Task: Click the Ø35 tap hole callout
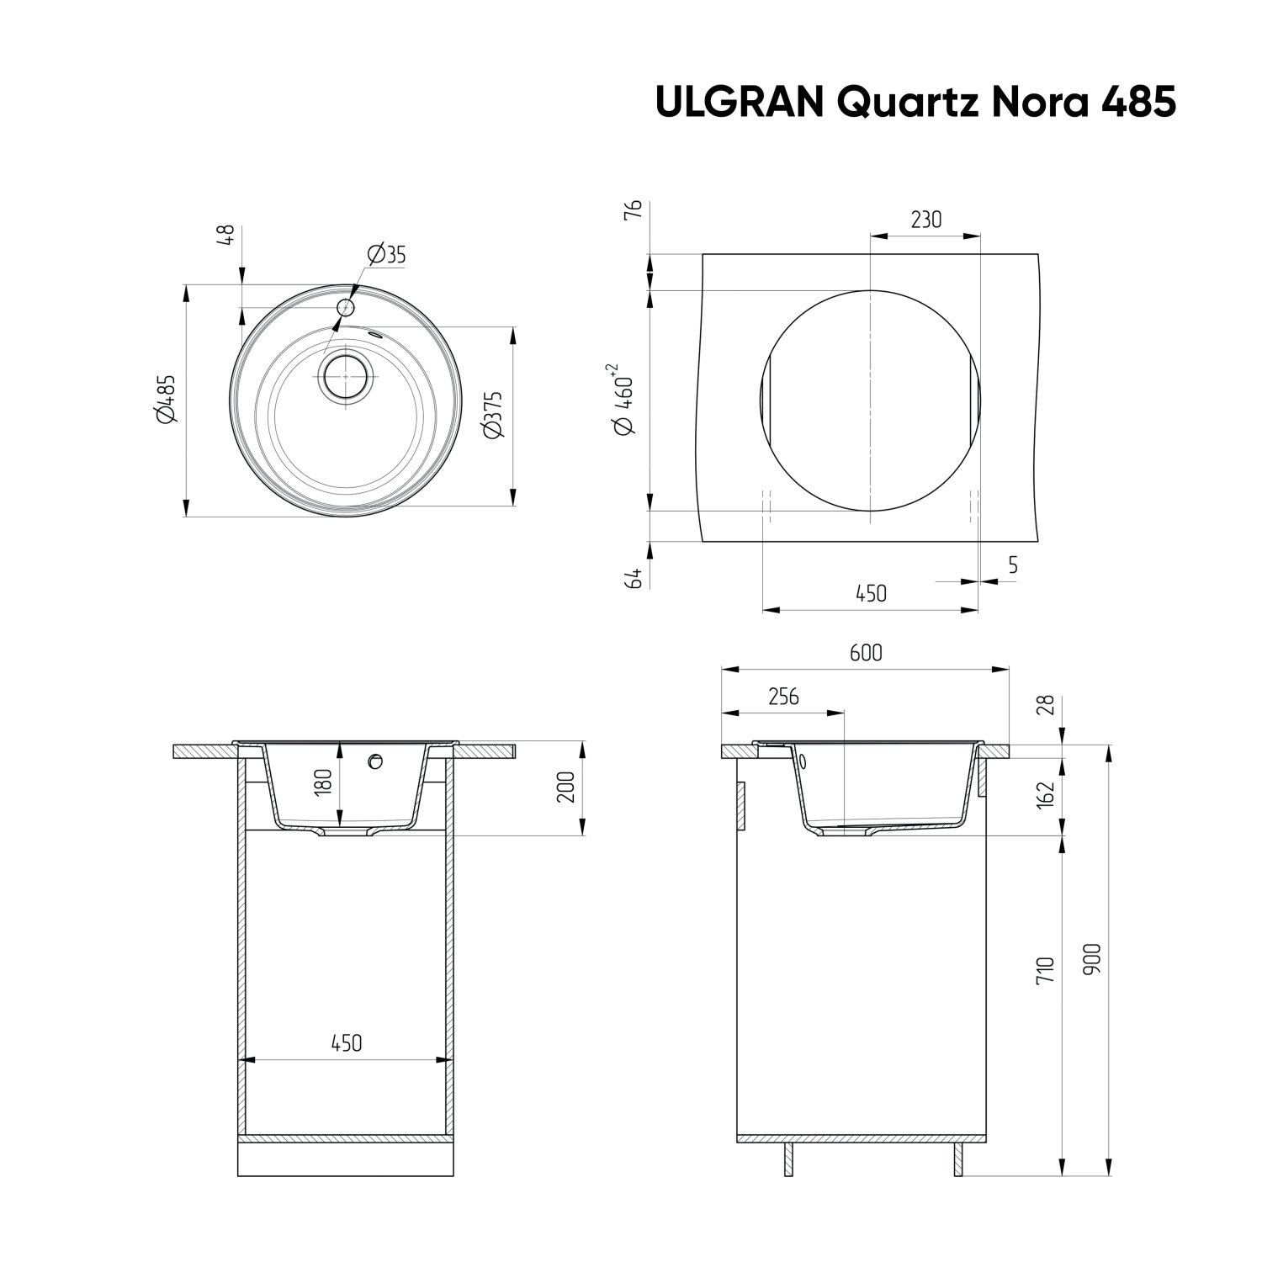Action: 386,254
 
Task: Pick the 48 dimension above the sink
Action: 225,236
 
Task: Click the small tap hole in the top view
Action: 346,307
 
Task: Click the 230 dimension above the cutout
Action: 925,220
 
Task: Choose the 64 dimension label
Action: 634,577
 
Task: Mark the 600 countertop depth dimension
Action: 866,652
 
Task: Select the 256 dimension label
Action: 782,697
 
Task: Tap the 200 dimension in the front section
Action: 566,787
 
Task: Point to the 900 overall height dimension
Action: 1091,959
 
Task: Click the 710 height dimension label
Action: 1045,970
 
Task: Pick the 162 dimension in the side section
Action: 1045,794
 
